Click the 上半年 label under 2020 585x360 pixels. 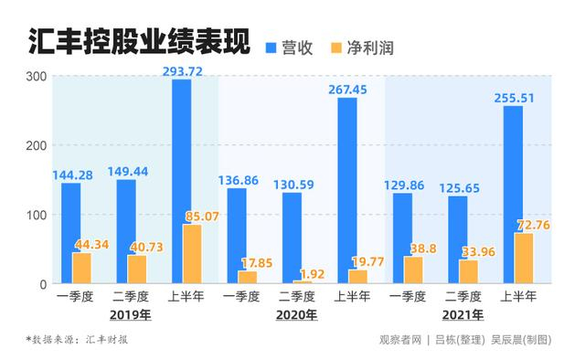tap(351, 297)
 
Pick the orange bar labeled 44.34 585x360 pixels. tap(81, 268)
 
